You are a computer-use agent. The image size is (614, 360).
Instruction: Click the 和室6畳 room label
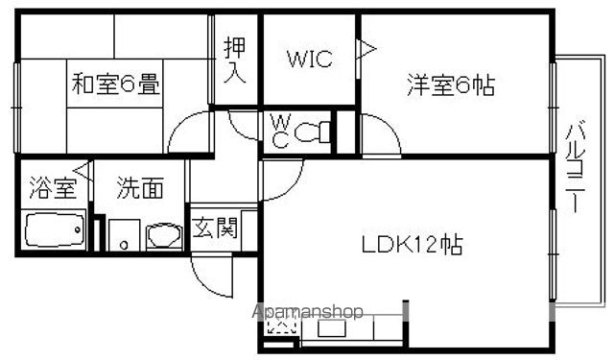(116, 84)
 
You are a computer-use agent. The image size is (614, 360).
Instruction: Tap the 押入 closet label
(235, 60)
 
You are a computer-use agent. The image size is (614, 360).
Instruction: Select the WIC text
(310, 59)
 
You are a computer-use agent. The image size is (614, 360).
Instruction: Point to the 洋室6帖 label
(451, 84)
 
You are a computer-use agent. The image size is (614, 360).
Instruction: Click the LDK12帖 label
(412, 245)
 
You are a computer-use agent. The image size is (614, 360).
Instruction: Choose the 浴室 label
(53, 187)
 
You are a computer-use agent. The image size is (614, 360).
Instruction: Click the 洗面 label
(140, 187)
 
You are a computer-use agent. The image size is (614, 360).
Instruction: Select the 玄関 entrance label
(215, 228)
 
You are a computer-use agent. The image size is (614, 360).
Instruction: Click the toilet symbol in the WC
(312, 132)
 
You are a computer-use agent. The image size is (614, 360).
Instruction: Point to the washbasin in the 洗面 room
(164, 236)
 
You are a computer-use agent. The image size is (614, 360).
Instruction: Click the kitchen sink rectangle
(331, 328)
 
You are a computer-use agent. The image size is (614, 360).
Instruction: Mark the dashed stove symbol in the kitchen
(281, 324)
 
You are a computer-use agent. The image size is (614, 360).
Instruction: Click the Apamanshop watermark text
(307, 312)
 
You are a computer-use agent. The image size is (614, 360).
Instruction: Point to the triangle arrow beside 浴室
(83, 171)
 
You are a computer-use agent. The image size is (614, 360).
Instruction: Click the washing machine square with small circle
(124, 235)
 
